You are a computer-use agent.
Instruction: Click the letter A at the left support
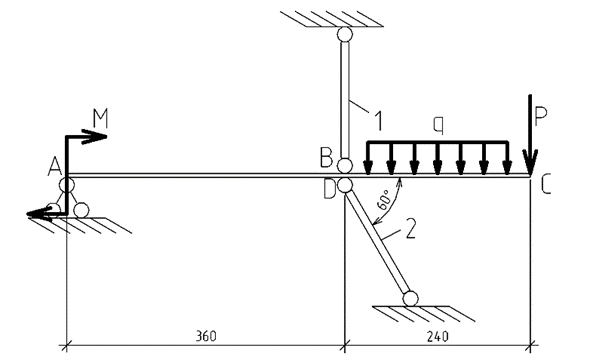(x=55, y=167)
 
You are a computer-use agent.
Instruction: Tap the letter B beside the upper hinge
(x=326, y=158)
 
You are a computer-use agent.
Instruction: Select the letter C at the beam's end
(x=546, y=185)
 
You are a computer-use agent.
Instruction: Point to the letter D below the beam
(x=330, y=189)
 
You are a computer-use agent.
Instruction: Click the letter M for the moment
(x=100, y=118)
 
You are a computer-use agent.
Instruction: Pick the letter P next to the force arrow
(x=541, y=116)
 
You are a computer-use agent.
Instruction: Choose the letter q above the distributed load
(x=438, y=124)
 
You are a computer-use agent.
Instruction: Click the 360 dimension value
(x=206, y=336)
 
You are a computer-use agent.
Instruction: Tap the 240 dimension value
(x=438, y=336)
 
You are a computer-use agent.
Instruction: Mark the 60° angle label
(x=384, y=200)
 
